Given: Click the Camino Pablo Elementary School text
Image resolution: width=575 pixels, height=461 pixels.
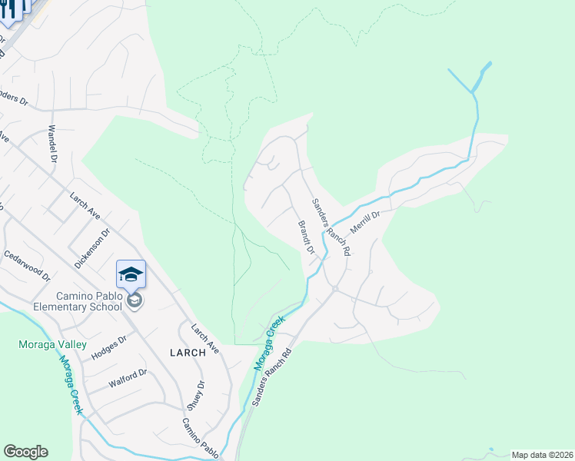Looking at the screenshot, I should [89, 301].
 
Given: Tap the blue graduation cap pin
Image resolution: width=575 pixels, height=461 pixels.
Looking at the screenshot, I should [131, 274].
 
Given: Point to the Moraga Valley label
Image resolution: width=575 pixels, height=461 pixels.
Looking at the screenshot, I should [52, 345].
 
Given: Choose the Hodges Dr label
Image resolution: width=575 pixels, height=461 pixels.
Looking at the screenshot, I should [108, 347].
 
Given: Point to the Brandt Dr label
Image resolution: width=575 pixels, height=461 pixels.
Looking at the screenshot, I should [306, 237].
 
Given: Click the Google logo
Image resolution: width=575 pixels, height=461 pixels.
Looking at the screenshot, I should [25, 452].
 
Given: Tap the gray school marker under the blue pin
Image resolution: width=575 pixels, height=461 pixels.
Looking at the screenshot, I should [135, 300].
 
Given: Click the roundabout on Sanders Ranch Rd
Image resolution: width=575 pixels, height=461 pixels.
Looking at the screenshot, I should [335, 289].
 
